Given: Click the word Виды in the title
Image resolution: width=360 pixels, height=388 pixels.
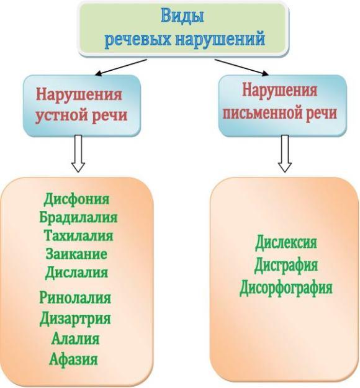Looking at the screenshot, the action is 182,17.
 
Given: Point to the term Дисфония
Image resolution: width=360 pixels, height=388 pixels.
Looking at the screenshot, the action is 76,199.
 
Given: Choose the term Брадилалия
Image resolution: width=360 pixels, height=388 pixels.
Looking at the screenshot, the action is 78,217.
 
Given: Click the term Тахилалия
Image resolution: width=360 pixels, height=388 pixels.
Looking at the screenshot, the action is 79,235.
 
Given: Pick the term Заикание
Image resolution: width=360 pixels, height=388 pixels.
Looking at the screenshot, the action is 76,254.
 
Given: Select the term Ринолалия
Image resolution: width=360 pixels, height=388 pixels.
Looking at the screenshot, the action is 75,297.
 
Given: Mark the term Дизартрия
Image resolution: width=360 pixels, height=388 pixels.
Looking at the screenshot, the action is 75,318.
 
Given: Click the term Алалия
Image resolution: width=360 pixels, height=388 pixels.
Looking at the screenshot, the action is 75,338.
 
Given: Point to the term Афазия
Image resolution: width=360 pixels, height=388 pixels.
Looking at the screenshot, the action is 73,359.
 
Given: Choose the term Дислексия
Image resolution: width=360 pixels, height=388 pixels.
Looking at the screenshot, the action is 286,243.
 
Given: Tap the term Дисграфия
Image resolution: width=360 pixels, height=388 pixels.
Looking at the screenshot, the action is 286,265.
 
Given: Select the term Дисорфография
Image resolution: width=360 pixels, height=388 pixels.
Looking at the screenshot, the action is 286,288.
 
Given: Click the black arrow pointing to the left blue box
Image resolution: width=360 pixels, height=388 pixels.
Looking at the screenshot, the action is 121,67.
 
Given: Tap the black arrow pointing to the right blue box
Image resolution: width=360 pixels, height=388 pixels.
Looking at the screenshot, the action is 241,67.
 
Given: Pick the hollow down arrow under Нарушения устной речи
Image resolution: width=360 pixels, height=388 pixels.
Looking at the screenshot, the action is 78,153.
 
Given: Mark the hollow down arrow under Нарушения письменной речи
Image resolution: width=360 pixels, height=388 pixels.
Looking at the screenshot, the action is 285,153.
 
